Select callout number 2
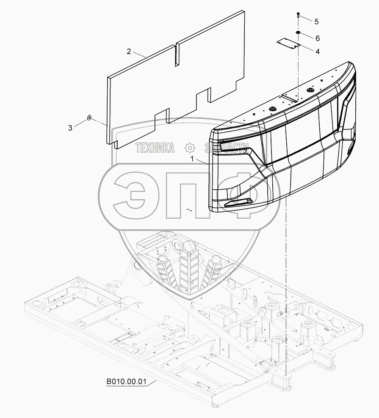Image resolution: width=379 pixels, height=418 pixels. (129, 52)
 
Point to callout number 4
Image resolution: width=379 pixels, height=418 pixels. (317, 51)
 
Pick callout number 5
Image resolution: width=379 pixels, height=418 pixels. (316, 21)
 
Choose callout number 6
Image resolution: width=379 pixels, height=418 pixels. (317, 38)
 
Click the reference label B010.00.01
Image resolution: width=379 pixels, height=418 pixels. (126, 382)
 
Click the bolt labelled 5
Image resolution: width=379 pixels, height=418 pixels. (298, 15)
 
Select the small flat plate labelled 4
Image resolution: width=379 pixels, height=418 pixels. (288, 44)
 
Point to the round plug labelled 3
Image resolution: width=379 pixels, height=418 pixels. (89, 119)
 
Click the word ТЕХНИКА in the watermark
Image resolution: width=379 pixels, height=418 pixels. (155, 148)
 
